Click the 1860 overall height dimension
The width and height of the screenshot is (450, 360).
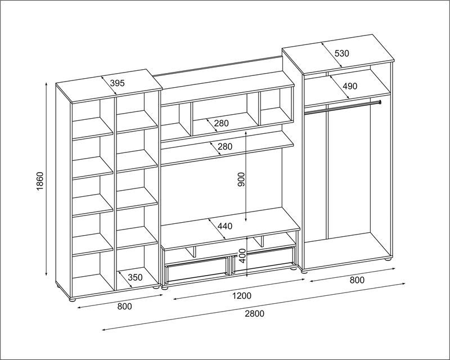(x=39, y=181)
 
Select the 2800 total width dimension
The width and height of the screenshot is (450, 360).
(x=254, y=313)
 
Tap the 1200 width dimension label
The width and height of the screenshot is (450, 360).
(x=242, y=295)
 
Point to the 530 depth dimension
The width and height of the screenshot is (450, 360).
(x=341, y=53)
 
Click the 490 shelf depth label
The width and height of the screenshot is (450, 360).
(x=350, y=86)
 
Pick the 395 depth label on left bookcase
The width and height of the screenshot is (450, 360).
(x=118, y=83)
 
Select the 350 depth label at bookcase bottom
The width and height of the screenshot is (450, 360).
(x=135, y=277)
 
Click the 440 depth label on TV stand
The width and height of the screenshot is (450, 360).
(x=224, y=226)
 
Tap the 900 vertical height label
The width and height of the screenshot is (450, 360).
(x=242, y=179)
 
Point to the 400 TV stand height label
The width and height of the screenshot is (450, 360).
(x=243, y=256)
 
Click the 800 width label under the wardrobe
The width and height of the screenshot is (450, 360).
(x=357, y=280)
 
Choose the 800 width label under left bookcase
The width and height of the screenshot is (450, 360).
(x=124, y=307)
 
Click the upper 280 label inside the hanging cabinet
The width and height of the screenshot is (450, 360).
(x=221, y=123)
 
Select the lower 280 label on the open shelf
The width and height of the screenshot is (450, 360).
(x=224, y=147)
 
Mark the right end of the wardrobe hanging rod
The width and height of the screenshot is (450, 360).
(x=380, y=102)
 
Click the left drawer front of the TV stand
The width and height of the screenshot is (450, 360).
(x=197, y=269)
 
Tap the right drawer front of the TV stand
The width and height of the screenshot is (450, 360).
(x=264, y=259)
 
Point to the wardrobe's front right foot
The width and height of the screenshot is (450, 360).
(x=388, y=259)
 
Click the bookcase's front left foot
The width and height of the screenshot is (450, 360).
(x=73, y=299)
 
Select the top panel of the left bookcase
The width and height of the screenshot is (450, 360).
(x=109, y=85)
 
